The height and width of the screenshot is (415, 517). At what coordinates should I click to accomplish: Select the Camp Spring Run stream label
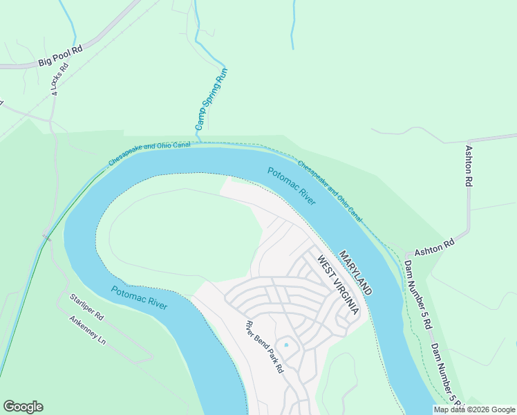pos(211,99)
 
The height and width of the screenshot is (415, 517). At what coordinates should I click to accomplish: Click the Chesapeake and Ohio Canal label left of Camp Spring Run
pos(149,154)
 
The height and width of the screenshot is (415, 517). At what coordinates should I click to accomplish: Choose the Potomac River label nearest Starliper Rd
pos(138,297)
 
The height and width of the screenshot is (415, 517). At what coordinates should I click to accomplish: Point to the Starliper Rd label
pos(86,307)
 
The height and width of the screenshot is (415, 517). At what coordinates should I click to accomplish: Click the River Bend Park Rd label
pos(265,348)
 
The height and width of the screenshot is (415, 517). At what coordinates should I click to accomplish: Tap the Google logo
pos(23,407)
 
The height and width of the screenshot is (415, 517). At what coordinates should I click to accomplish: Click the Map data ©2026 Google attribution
pos(475,409)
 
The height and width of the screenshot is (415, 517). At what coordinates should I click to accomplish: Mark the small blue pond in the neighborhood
pos(285,345)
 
